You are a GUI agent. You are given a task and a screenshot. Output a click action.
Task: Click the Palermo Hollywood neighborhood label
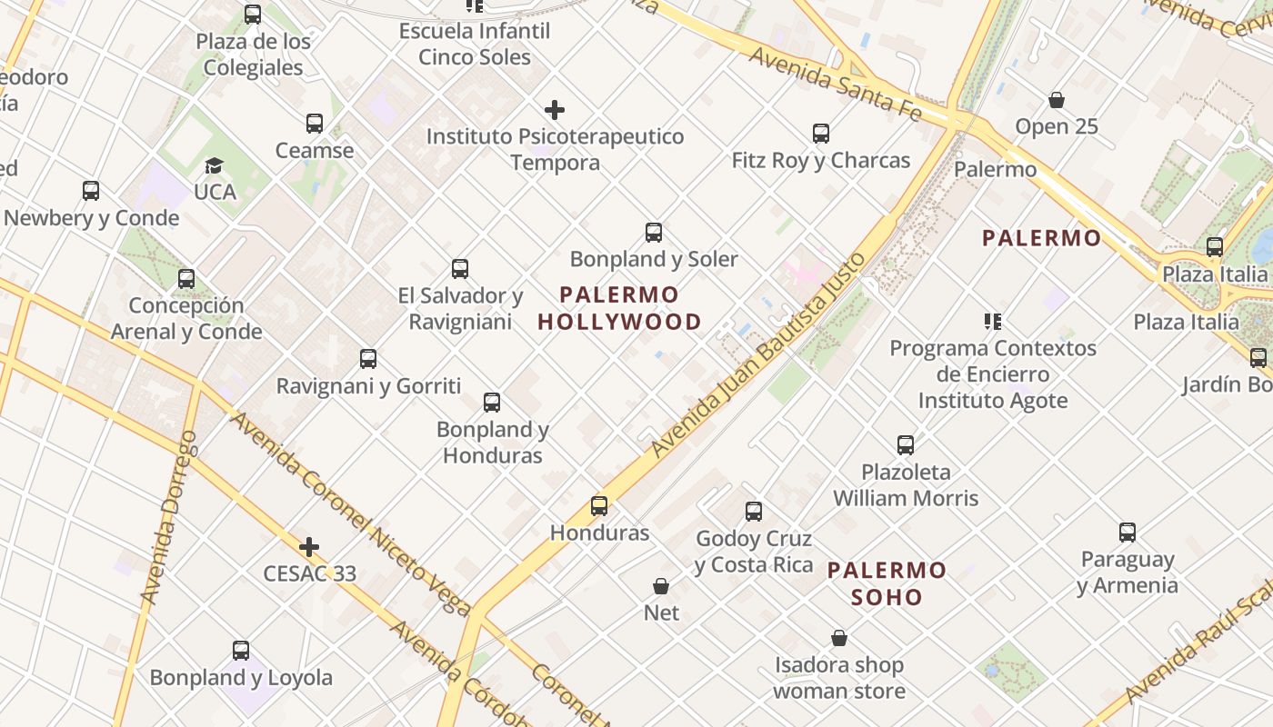pyautogui.click(x=619, y=308)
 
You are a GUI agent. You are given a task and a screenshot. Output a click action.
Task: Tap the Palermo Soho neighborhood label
pyautogui.click(x=887, y=583)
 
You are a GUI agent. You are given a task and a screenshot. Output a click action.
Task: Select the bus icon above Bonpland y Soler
pyautogui.click(x=654, y=232)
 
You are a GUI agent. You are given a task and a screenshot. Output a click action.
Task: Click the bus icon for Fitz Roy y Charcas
pyautogui.click(x=821, y=134)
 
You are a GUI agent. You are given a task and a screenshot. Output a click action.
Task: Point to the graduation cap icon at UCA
pyautogui.click(x=214, y=165)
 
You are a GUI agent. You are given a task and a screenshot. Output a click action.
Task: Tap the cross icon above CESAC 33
pyautogui.click(x=309, y=547)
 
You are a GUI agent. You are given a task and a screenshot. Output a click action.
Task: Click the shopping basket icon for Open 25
pyautogui.click(x=1057, y=100)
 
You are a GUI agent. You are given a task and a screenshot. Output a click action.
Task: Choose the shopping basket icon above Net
pyautogui.click(x=661, y=586)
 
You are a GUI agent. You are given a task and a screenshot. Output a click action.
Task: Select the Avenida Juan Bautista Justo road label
pyautogui.click(x=759, y=355)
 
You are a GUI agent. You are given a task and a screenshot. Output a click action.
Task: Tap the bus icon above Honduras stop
pyautogui.click(x=599, y=506)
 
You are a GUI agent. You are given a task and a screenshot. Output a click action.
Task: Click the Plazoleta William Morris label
pyautogui.click(x=906, y=485)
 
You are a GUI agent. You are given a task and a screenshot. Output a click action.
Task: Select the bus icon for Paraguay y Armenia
pyautogui.click(x=1128, y=533)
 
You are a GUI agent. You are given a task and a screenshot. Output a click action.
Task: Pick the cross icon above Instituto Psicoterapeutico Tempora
pyautogui.click(x=555, y=110)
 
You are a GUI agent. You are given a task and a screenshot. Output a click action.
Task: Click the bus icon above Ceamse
pyautogui.click(x=315, y=124)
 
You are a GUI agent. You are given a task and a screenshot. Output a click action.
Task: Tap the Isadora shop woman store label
pyautogui.click(x=839, y=678)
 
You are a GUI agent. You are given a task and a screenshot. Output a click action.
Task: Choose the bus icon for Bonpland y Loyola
pyautogui.click(x=241, y=651)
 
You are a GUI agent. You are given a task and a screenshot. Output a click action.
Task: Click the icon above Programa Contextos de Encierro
pyautogui.click(x=993, y=321)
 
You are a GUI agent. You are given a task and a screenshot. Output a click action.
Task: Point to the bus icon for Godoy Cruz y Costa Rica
pyautogui.click(x=754, y=512)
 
